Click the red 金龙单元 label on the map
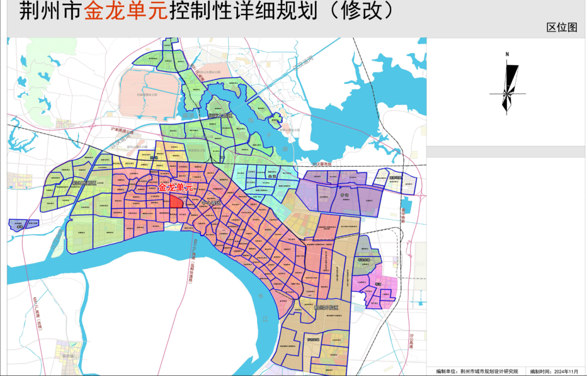tap(175, 187)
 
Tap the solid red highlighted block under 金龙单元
tap(176, 202)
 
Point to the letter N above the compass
tap(507, 54)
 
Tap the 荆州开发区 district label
tap(326, 308)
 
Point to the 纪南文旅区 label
tap(221, 116)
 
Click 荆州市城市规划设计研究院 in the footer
tap(489, 372)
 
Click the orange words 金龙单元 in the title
tap(125, 11)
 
